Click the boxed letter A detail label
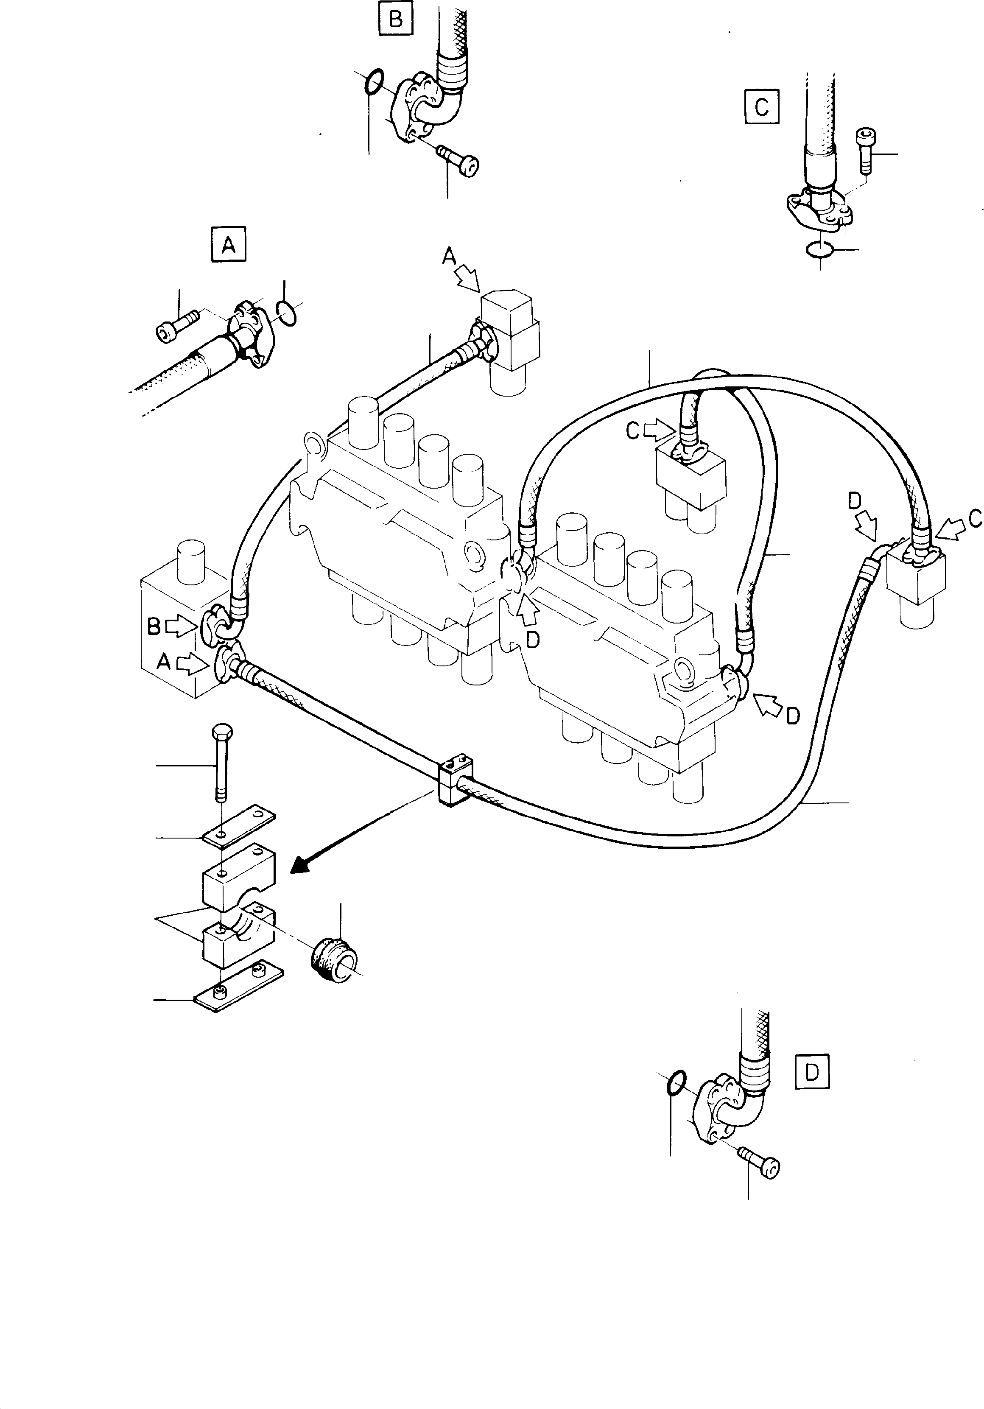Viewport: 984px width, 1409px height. click(x=228, y=246)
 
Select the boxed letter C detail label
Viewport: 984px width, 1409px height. click(x=761, y=107)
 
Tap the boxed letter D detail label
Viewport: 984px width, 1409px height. click(x=811, y=1072)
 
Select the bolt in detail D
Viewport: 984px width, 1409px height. click(x=760, y=1162)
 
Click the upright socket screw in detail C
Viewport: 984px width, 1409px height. click(x=864, y=150)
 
